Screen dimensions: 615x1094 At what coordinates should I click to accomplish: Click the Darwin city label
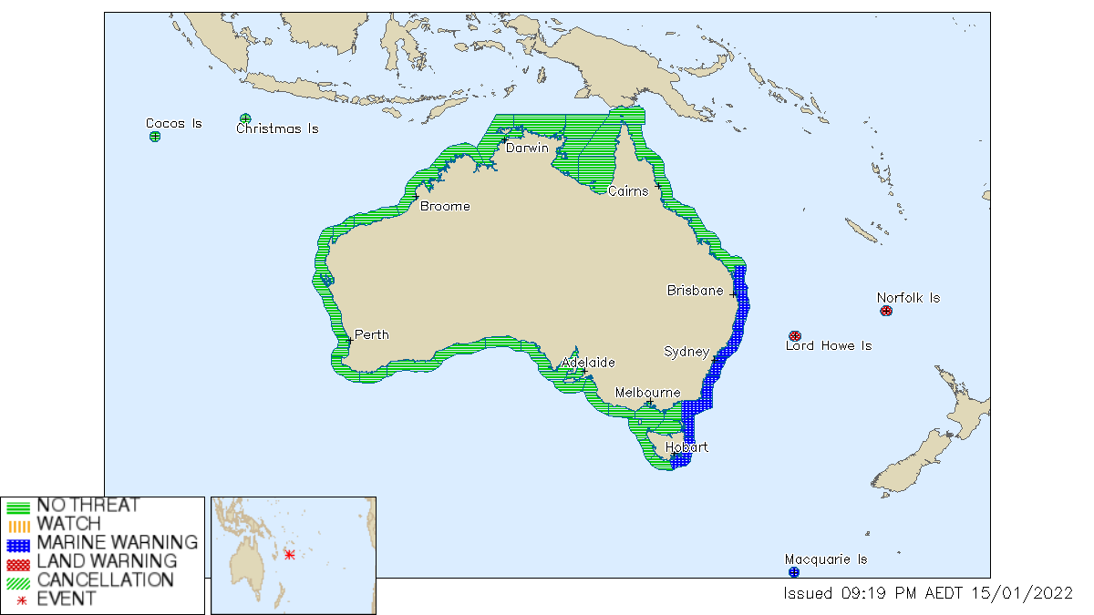coord(527,148)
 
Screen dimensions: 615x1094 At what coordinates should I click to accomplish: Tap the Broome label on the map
coord(445,206)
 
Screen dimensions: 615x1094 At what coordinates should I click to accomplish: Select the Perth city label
coord(371,334)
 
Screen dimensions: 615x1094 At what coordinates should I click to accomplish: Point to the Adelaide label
coord(588,363)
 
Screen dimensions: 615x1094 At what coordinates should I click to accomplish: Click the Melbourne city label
coord(647,393)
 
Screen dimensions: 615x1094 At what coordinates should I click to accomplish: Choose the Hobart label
coord(686,447)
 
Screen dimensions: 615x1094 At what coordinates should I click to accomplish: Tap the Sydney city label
coord(686,351)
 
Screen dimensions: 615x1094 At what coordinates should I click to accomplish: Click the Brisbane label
coord(695,291)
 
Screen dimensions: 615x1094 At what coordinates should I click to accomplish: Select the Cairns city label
coord(628,191)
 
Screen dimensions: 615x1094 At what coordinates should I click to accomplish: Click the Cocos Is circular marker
coord(155,137)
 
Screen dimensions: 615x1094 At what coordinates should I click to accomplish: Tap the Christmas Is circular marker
coord(245,118)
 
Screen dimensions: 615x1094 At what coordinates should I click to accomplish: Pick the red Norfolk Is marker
coord(886,311)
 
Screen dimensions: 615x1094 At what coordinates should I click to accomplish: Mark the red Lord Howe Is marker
coord(794,335)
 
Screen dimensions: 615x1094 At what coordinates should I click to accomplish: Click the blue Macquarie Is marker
coord(793,572)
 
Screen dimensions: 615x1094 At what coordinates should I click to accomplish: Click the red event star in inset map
coord(290,555)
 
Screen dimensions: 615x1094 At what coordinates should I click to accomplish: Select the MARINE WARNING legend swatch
coord(18,543)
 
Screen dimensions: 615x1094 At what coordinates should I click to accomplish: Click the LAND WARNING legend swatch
coord(18,561)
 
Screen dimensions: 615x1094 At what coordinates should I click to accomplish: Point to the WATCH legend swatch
coord(18,525)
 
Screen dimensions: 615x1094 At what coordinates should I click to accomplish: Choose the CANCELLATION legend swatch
coord(18,580)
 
